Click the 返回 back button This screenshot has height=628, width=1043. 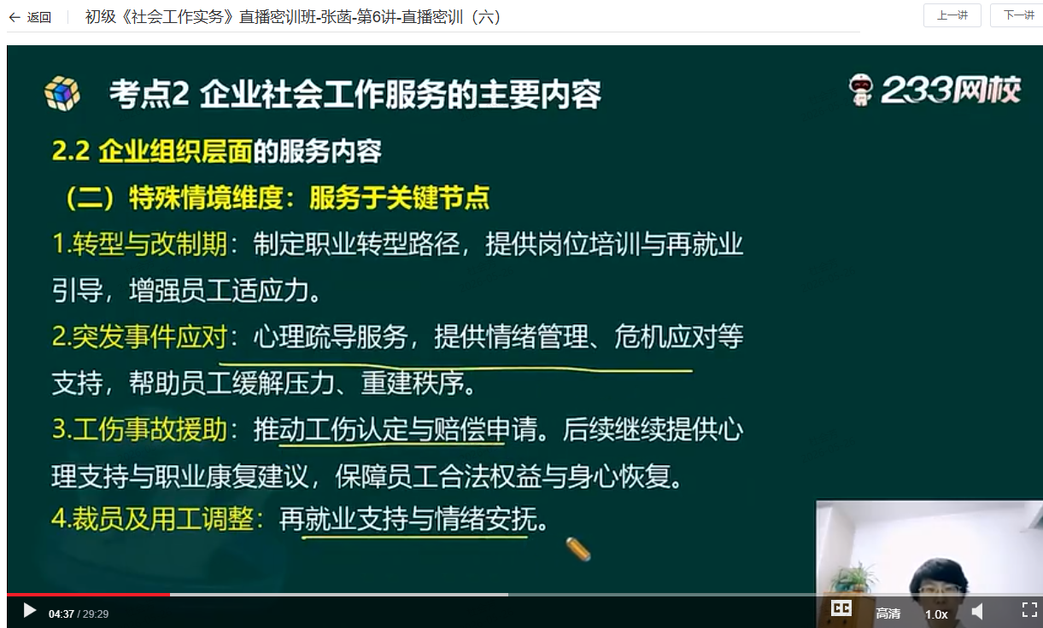[30, 18]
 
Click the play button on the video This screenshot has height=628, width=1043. [29, 611]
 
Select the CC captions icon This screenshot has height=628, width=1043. [841, 608]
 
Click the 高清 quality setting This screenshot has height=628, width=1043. [888, 613]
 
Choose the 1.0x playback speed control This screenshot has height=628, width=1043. [936, 614]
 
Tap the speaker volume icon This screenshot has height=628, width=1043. [977, 611]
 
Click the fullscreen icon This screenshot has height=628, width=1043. [1029, 609]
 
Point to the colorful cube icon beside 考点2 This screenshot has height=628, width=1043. [62, 94]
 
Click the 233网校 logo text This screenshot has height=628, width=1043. [951, 90]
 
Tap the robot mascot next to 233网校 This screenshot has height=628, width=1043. [860, 90]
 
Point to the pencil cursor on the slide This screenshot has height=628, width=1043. [578, 549]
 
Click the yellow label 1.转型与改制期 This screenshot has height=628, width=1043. [140, 243]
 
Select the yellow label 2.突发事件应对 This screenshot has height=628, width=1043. [140, 336]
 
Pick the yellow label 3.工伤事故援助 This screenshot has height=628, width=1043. [140, 429]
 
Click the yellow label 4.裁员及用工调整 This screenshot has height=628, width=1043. [153, 518]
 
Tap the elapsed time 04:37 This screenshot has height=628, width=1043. [61, 614]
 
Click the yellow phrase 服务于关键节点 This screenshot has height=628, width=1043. [399, 198]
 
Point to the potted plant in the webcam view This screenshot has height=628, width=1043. [853, 578]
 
